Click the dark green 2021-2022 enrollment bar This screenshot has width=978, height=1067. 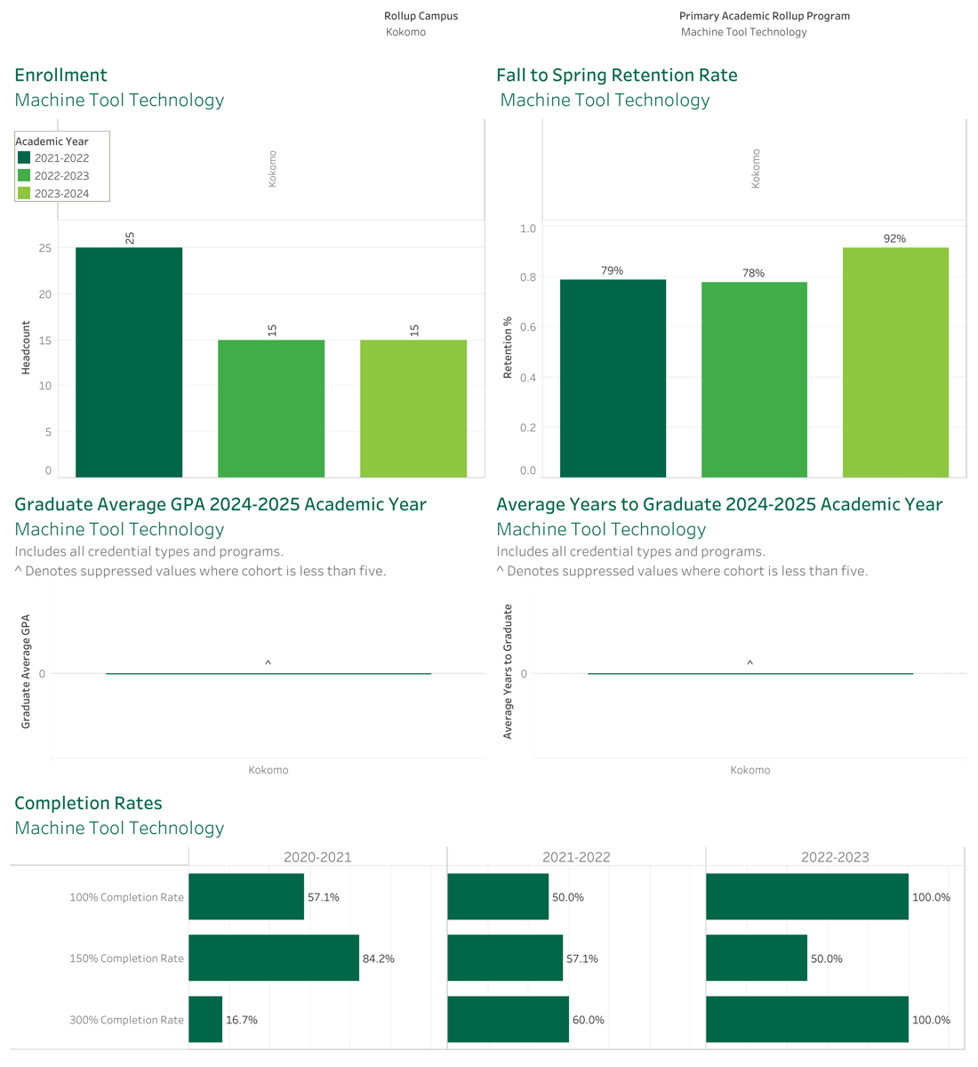[x=129, y=362]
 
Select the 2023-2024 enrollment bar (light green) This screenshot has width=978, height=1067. [x=413, y=408]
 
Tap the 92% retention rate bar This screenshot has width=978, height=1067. [x=895, y=362]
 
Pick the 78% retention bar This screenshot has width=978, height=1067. [x=754, y=380]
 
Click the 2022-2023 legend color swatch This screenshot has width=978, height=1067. [x=24, y=175]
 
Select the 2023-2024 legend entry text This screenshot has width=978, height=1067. [x=61, y=193]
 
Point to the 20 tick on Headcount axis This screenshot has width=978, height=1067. [x=45, y=293]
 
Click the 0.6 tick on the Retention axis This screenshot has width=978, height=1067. [x=528, y=326]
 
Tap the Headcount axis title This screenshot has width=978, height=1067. [x=26, y=348]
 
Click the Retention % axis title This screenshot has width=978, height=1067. [x=508, y=348]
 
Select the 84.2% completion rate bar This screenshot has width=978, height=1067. [x=274, y=958]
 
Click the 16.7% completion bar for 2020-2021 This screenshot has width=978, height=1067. [x=205, y=1019]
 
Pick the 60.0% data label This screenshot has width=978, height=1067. [x=588, y=1019]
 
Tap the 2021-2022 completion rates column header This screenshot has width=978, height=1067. [x=576, y=856]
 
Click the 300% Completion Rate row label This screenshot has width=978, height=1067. [x=126, y=1019]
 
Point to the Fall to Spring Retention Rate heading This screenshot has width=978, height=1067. [x=617, y=75]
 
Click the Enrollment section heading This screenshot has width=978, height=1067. [x=60, y=75]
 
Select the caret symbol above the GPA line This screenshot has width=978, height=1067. [x=269, y=662]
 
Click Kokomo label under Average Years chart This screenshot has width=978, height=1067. [x=750, y=770]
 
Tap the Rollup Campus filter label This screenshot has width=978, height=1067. [x=421, y=16]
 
